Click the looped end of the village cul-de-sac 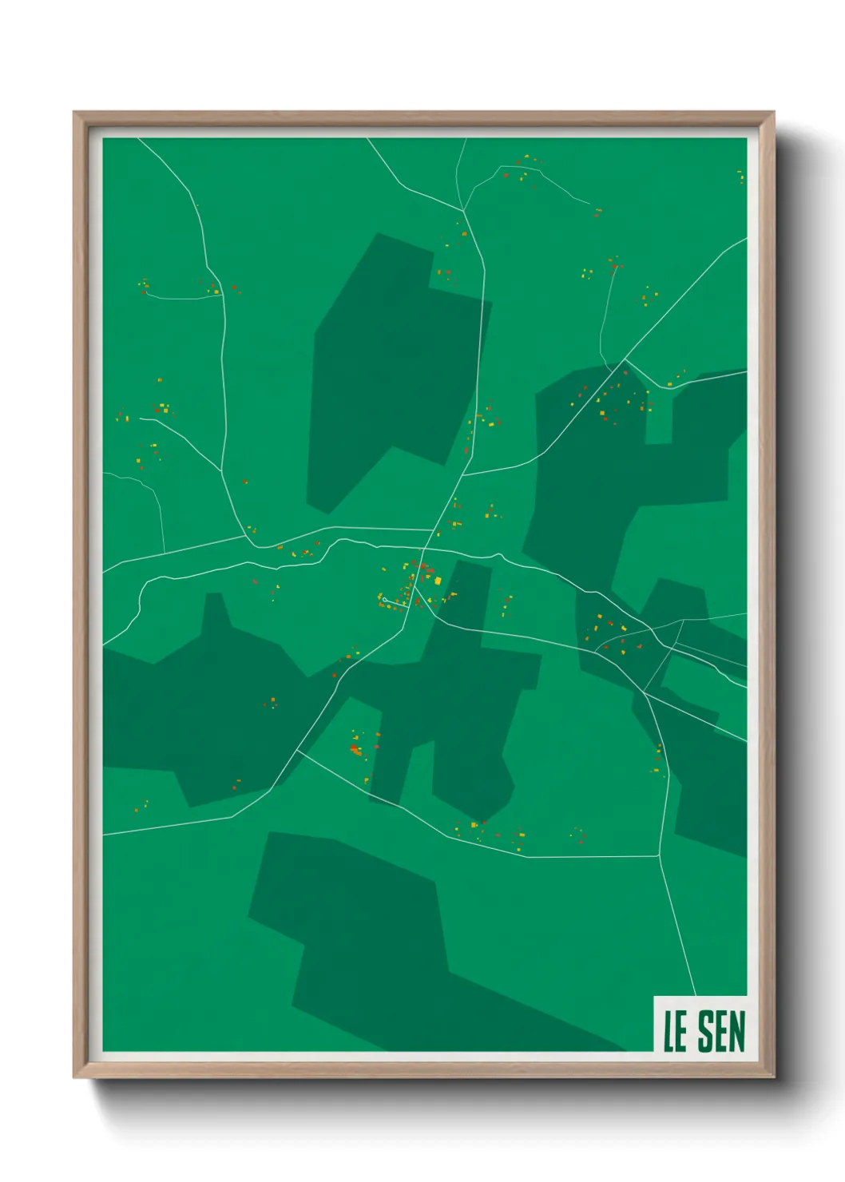tap(385, 599)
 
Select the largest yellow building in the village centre tap(438, 580)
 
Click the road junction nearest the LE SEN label tap(659, 856)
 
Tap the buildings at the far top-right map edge tap(740, 176)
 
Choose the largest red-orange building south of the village tap(355, 749)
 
